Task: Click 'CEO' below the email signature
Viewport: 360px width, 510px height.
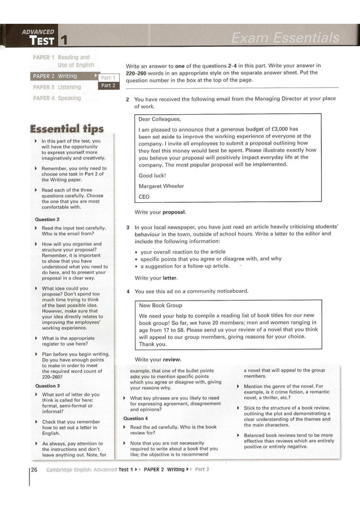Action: click(144, 197)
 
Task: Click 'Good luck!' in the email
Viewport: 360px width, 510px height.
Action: click(152, 175)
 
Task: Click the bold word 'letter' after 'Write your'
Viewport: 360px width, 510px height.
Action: click(170, 278)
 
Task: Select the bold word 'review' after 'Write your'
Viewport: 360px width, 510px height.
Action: click(172, 359)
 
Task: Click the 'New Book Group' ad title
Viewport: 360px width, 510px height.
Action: click(160, 306)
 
